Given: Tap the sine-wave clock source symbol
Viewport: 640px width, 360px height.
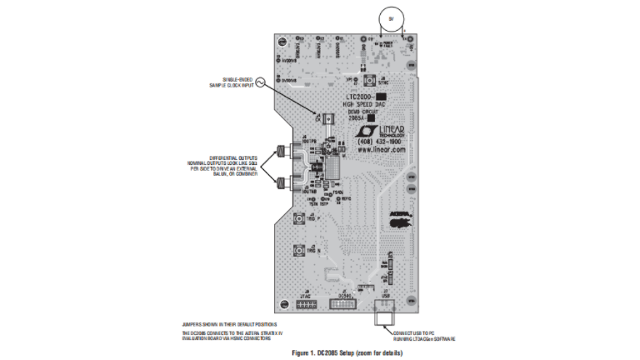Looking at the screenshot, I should click(259, 82).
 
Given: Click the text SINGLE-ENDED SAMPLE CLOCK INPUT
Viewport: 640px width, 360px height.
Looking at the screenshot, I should click(232, 82).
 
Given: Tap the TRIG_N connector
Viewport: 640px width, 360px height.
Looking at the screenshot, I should click(298, 250).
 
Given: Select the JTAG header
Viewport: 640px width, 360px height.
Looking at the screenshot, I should click(306, 305).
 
